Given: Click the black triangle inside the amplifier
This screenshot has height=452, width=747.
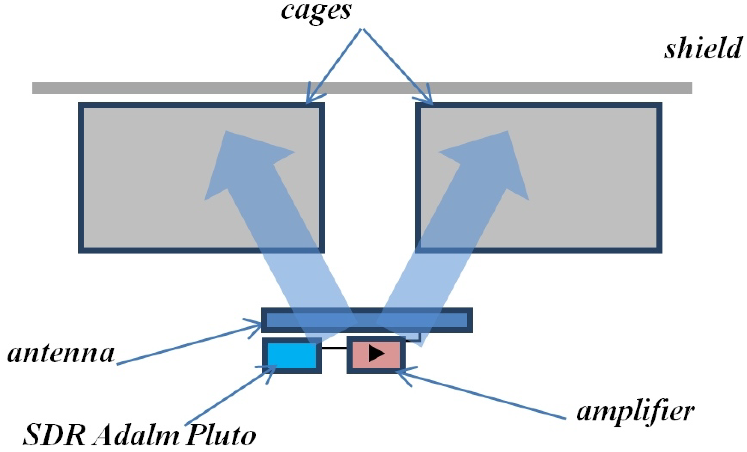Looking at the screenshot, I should pos(376,353).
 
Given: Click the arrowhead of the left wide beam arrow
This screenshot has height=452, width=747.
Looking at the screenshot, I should pos(243,158).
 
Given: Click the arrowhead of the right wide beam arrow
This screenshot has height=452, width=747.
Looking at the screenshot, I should pos(491,158).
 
